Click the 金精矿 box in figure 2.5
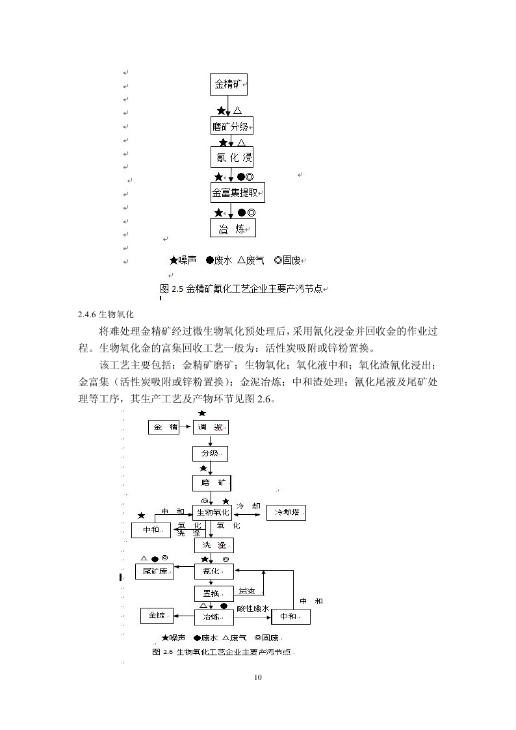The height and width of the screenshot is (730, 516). pyautogui.click(x=229, y=85)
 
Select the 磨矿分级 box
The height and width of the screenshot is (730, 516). pyautogui.click(x=231, y=126)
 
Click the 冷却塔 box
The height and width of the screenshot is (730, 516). pyautogui.click(x=287, y=513)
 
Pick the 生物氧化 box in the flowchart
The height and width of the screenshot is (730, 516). pyautogui.click(x=212, y=513)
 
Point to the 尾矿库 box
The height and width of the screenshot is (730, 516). pyautogui.click(x=154, y=572)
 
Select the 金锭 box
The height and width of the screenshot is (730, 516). pyautogui.click(x=157, y=616)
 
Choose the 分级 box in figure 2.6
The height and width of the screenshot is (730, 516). pyautogui.click(x=209, y=453)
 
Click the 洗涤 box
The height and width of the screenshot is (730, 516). pyautogui.click(x=214, y=545)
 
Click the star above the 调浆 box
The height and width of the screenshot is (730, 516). pyautogui.click(x=202, y=413)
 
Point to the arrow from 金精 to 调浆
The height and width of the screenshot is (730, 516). pyautogui.click(x=185, y=427)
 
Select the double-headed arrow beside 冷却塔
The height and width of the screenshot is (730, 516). pyautogui.click(x=249, y=513)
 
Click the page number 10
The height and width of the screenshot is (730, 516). pyautogui.click(x=258, y=677)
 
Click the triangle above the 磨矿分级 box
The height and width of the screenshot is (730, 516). pyautogui.click(x=238, y=111)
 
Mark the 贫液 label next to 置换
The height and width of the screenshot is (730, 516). pyautogui.click(x=247, y=591)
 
